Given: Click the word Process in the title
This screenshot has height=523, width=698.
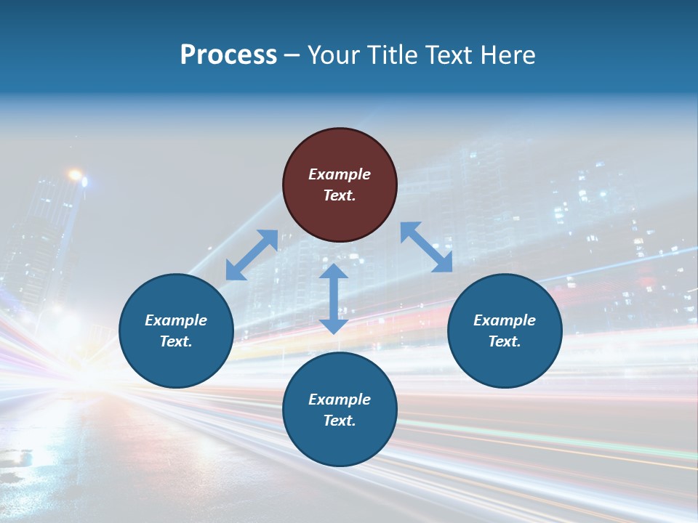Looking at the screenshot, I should [x=228, y=55].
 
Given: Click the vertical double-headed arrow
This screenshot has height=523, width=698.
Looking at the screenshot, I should [x=334, y=299].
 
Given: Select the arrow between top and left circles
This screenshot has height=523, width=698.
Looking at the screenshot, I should [x=252, y=254].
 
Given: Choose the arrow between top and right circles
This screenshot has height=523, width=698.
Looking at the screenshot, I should [x=426, y=247].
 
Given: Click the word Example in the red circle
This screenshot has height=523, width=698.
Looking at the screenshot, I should [x=340, y=174].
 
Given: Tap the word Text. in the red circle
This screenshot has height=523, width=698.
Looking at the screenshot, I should [x=340, y=195].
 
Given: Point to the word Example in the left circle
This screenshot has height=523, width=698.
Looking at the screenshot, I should [x=176, y=320].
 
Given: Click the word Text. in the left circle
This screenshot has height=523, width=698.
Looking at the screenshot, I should [x=176, y=341].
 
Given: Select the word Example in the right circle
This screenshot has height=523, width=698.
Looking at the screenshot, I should [x=505, y=320].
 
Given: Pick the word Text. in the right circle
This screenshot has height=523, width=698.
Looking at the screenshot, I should [x=505, y=341].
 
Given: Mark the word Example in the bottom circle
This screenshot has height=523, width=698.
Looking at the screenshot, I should [x=340, y=400].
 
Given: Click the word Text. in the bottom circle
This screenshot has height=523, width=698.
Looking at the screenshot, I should [x=340, y=421].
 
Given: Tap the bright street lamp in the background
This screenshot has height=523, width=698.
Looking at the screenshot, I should [x=75, y=175].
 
